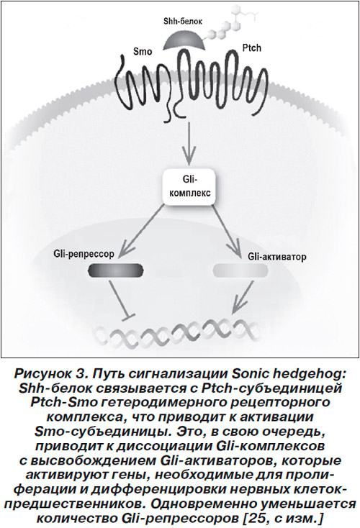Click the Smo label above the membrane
[143, 52]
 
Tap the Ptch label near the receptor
[252, 47]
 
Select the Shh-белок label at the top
[183, 22]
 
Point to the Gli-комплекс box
[189, 186]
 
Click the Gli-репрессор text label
[84, 254]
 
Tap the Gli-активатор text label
[277, 258]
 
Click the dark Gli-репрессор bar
[116, 270]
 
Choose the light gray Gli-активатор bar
[240, 270]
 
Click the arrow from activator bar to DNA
[243, 297]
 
